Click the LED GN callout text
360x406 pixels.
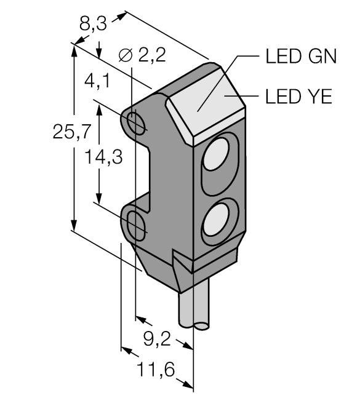[301, 57]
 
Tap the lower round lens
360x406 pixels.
[217, 218]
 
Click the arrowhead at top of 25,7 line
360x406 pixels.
[74, 49]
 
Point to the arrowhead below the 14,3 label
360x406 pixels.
[98, 198]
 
